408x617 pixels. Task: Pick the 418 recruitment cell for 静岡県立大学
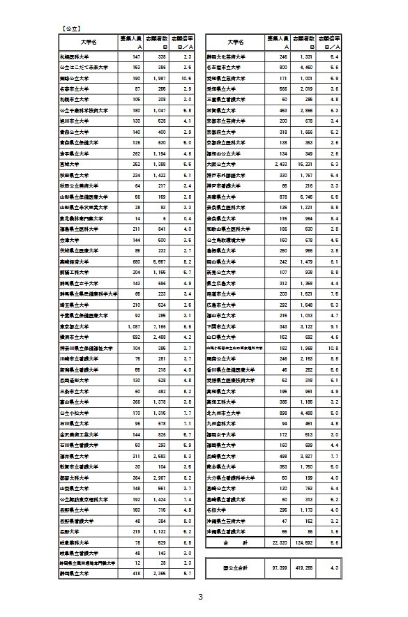[134, 574]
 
